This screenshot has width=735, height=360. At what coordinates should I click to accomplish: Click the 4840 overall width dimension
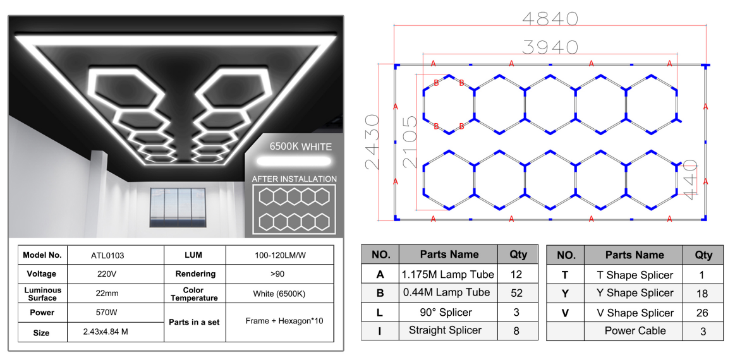(550, 18)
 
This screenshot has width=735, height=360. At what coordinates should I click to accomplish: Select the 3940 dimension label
(550, 47)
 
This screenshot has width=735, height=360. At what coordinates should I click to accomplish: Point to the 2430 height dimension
(372, 141)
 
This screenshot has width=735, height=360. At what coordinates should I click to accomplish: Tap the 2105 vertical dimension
(410, 142)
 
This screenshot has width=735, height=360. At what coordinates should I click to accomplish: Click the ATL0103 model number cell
(107, 255)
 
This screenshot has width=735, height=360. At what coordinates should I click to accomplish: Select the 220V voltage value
(107, 274)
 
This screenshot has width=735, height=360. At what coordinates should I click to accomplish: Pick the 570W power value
(107, 313)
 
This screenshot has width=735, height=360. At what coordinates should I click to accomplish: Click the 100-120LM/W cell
(280, 255)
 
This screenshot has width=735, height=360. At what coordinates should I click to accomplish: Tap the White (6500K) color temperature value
(279, 294)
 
